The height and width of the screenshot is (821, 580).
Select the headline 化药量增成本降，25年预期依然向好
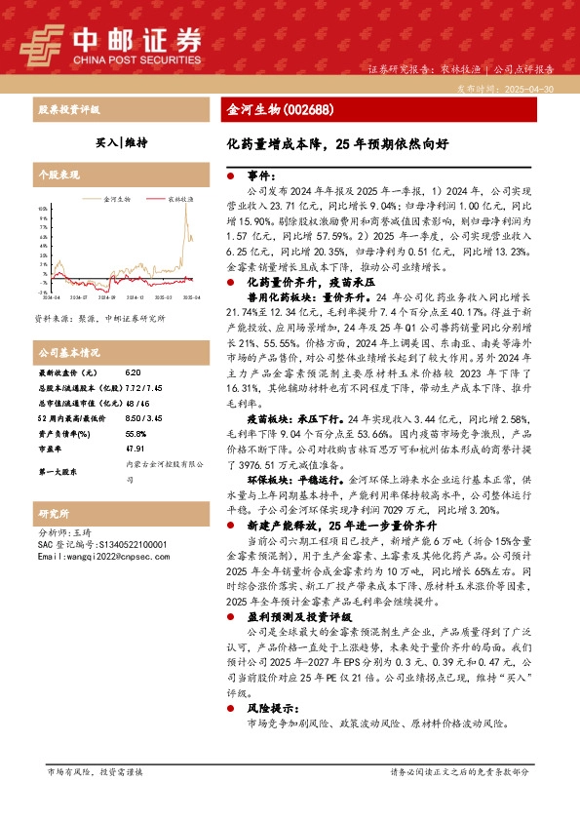point(337,143)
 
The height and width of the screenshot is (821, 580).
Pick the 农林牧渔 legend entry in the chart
point(178,197)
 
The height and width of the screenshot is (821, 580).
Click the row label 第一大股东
point(58,471)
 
